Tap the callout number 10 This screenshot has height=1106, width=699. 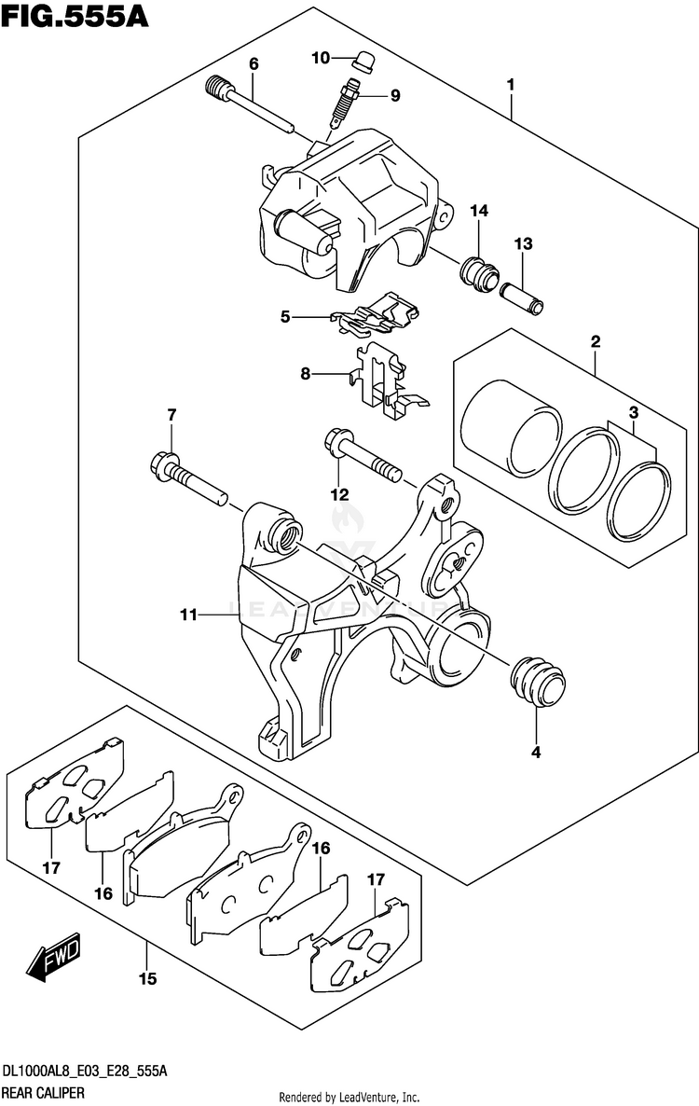[321, 58]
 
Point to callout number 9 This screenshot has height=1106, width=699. [395, 94]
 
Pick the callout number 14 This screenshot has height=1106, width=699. [479, 212]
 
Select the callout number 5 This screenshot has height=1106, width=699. [286, 317]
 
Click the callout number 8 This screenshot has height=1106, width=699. [305, 375]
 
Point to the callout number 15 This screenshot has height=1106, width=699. [148, 978]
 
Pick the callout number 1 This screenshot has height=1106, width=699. [511, 85]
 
